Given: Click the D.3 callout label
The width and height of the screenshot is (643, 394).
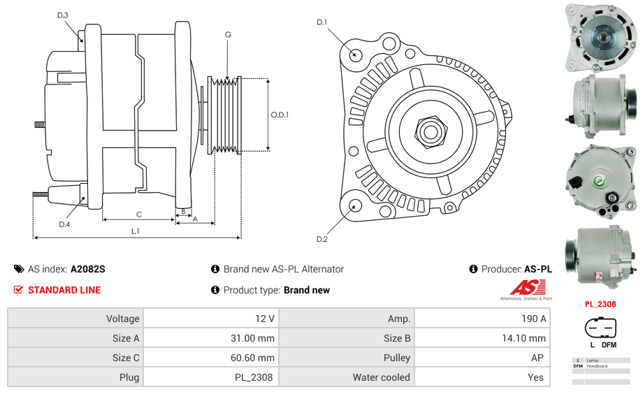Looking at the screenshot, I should (x=63, y=15).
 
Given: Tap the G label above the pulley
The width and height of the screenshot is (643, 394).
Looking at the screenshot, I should (x=228, y=34).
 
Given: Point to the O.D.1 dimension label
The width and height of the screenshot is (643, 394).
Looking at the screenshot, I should (x=280, y=115).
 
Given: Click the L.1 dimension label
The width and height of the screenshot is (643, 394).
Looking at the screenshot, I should (x=136, y=231).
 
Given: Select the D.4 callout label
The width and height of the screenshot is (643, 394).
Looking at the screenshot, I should (x=64, y=224).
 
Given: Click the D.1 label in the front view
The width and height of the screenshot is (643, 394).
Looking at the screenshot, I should (x=321, y=22).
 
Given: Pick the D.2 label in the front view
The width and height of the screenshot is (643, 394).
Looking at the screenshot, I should (x=321, y=239).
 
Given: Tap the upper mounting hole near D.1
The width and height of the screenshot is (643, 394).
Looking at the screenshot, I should (x=354, y=53).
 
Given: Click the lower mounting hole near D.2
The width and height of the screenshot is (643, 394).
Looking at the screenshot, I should (x=354, y=205).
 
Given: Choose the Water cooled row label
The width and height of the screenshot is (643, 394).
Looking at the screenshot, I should (x=381, y=377).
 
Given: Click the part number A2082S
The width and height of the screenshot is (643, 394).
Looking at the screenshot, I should (x=87, y=269).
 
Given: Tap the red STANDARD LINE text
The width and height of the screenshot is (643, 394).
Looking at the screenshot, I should (x=64, y=290).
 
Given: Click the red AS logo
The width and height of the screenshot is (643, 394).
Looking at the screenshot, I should (x=527, y=287).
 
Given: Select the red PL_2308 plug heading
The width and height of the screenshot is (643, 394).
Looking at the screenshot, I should (x=600, y=304).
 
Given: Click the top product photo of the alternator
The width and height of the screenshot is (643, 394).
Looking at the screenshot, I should (x=600, y=38).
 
